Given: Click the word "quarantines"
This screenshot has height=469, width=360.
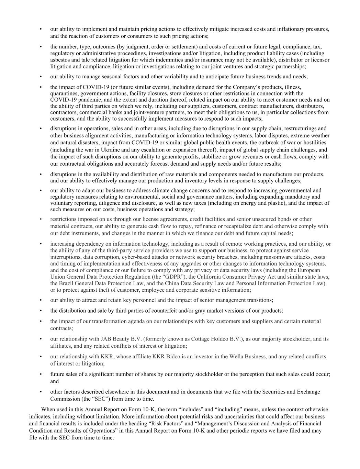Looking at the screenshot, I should click(x=64, y=93).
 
